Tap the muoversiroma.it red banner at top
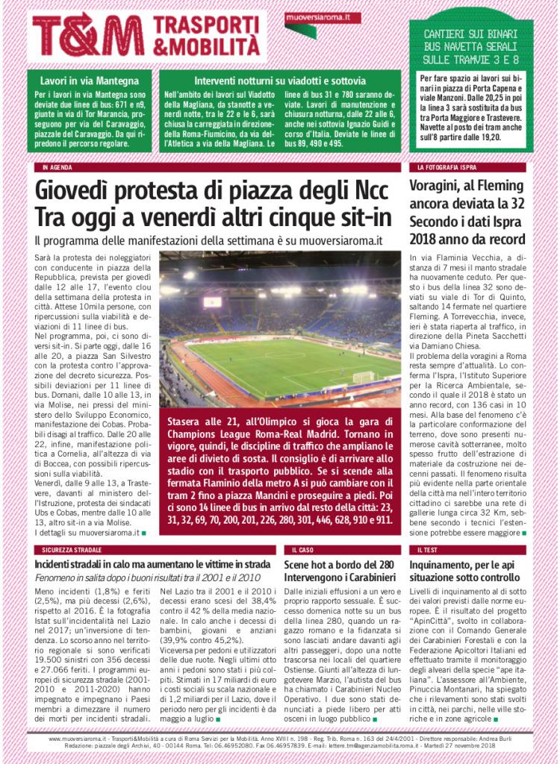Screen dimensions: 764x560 (x=322, y=17)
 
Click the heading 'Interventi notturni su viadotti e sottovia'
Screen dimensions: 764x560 (x=280, y=80)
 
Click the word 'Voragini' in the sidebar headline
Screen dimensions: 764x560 (x=442, y=185)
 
